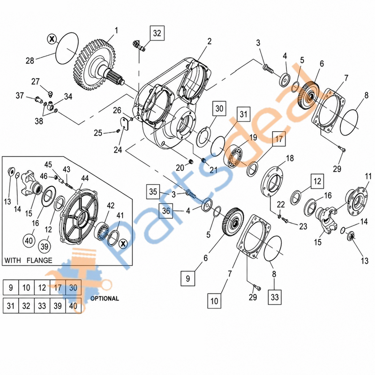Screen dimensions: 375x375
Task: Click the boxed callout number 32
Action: (x=157, y=33)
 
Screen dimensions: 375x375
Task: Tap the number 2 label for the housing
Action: (x=209, y=41)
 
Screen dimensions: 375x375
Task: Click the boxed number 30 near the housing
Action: (x=219, y=109)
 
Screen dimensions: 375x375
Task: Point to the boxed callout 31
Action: (x=243, y=114)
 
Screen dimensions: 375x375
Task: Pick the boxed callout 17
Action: (x=279, y=139)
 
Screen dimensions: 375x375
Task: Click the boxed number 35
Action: (x=153, y=192)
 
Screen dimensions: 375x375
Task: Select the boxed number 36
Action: (x=166, y=211)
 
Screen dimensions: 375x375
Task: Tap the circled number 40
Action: (x=29, y=240)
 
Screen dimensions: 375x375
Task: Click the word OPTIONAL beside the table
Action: (x=105, y=299)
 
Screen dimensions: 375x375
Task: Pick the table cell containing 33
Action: (x=42, y=306)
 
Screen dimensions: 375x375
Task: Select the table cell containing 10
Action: (x=26, y=287)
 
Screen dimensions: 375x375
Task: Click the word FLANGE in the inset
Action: (x=39, y=260)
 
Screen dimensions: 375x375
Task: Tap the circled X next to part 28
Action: (x=52, y=39)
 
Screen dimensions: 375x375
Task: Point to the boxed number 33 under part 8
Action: (x=275, y=297)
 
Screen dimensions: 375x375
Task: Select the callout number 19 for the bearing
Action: (x=253, y=137)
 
